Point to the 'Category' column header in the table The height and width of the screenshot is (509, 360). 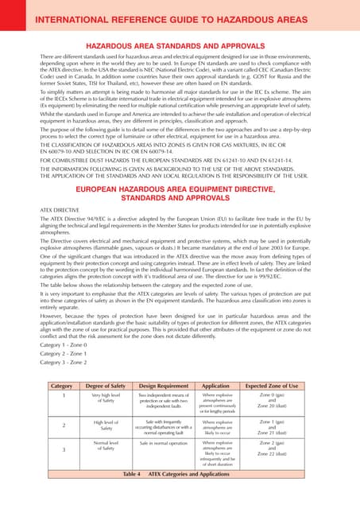click(x=61, y=384)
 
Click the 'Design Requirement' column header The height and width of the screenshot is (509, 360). click(x=165, y=384)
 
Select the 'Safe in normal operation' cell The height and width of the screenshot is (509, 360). click(x=165, y=442)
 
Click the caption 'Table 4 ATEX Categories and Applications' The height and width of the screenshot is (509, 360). click(x=180, y=495)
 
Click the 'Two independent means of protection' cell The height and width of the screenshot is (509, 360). click(x=165, y=400)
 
